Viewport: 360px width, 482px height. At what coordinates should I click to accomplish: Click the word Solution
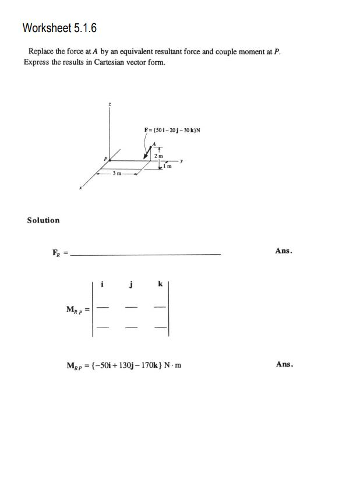tap(43, 220)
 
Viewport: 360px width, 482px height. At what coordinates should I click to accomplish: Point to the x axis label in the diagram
tap(81, 188)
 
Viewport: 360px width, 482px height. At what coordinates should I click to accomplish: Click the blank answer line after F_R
tap(146, 254)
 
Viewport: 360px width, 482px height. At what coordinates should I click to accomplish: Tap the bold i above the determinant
tap(103, 284)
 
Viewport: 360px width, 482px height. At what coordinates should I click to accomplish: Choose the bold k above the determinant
tap(160, 284)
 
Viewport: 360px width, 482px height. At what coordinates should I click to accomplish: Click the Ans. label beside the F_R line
tap(284, 251)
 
